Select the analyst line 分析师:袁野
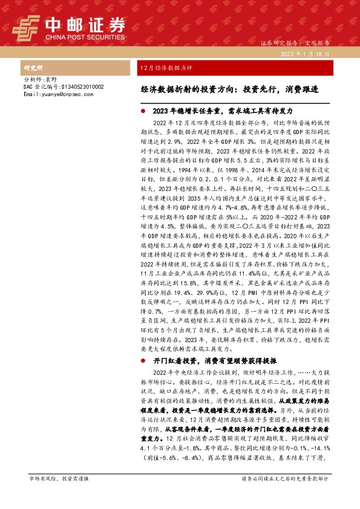pyautogui.click(x=39, y=80)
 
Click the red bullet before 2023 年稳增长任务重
pyautogui.click(x=142, y=112)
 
